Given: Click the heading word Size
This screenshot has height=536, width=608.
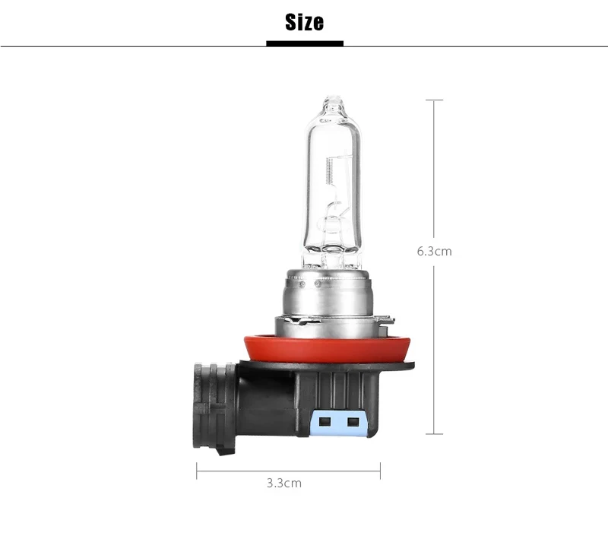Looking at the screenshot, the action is click(305, 22).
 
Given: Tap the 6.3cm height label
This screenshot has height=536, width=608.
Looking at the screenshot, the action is click(434, 252).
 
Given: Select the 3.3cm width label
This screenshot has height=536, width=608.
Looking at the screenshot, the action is click(283, 484).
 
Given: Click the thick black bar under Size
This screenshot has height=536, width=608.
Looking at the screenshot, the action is click(305, 43).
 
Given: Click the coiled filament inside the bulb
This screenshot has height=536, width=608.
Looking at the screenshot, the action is click(330, 170).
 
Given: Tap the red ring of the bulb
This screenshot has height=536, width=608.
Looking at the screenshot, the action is click(327, 349).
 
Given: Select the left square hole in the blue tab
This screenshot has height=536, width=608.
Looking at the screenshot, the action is click(325, 422).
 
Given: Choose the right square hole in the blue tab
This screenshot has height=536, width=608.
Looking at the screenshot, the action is click(353, 422).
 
